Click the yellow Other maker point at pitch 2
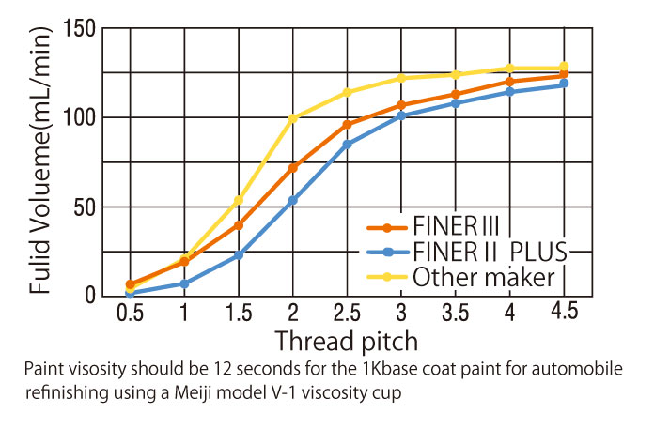[x=293, y=117]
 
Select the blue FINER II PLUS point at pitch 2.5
[x=347, y=145]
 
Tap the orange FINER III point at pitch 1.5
[x=239, y=225]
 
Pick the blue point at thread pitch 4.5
[x=564, y=84]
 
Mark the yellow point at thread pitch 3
[x=401, y=78]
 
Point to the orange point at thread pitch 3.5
[x=456, y=94]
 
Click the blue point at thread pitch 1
[x=184, y=283]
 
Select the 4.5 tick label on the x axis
[x=564, y=312]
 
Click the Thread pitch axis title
[x=348, y=340]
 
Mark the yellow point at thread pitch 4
[x=510, y=69]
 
